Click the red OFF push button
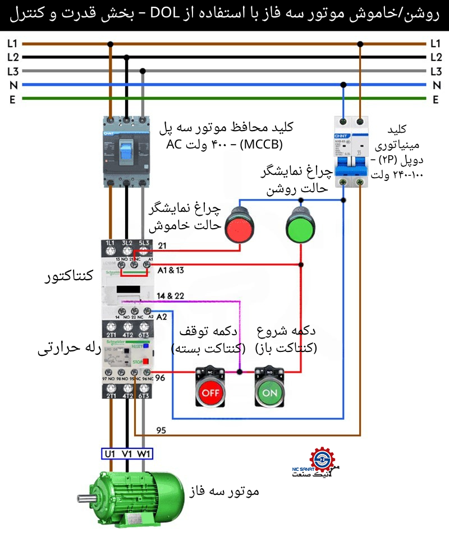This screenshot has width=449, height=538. pyautogui.click(x=210, y=392)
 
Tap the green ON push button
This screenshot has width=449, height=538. pyautogui.click(x=269, y=392)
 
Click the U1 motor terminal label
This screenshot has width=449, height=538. pyautogui.click(x=110, y=454)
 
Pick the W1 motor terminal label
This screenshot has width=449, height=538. pyautogui.click(x=144, y=454)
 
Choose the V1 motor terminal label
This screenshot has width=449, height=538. pyautogui.click(x=127, y=454)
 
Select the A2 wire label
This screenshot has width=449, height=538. pyautogui.click(x=162, y=317)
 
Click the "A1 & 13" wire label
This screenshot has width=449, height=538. pyautogui.click(x=172, y=270)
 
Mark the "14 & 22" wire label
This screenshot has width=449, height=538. pyautogui.click(x=171, y=295)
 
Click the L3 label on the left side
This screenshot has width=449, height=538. pyautogui.click(x=12, y=71)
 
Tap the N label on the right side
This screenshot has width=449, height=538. pyautogui.click(x=436, y=85)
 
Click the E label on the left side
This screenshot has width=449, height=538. pyautogui.click(x=12, y=99)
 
